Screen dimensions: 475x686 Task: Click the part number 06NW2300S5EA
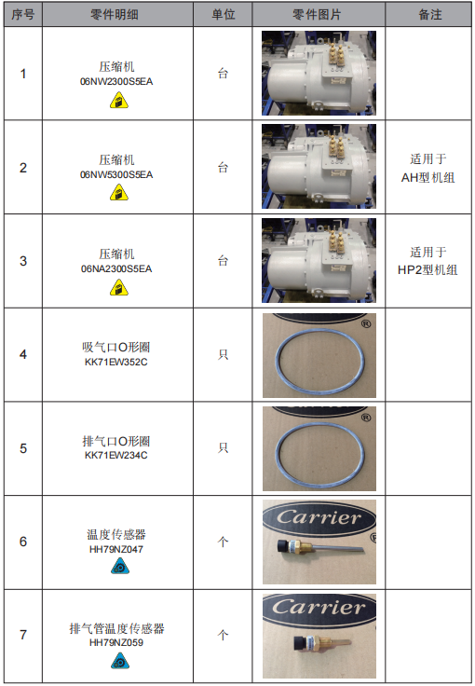[x=116, y=82]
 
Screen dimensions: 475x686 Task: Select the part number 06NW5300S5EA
[x=116, y=175]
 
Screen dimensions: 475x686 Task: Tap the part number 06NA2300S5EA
[x=116, y=268]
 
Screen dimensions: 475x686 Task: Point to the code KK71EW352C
[x=116, y=363]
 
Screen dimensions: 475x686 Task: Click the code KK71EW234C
[x=116, y=456]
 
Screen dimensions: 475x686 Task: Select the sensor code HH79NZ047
[x=116, y=549]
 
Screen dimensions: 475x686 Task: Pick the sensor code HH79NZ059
[x=116, y=642]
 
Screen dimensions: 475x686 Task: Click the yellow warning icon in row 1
[x=119, y=101]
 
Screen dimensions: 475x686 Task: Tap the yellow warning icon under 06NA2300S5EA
[x=119, y=288]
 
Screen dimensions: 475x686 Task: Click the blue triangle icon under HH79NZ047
[x=120, y=567]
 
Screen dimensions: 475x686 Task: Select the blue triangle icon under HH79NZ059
[x=120, y=661]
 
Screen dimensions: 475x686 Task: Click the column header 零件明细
[x=115, y=14]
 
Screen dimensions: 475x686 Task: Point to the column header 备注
[x=430, y=14]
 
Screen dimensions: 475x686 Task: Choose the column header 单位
[x=224, y=14]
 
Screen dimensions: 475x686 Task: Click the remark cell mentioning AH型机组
[x=428, y=168]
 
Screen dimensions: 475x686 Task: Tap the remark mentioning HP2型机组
[x=427, y=261]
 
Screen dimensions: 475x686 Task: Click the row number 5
[x=23, y=448]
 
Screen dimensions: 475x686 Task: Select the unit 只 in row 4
[x=224, y=354]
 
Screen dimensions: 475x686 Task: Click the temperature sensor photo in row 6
[x=319, y=542]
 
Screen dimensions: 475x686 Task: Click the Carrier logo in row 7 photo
[x=319, y=608]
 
